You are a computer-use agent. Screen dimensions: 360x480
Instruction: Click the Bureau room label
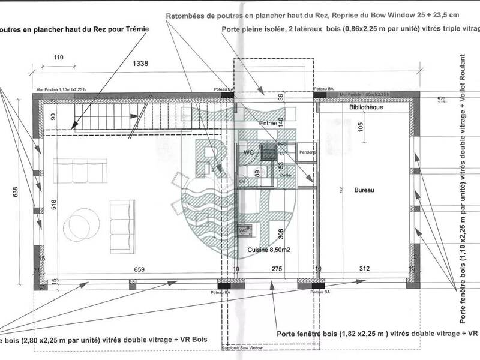coord(364,190)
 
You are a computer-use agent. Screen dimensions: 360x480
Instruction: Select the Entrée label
coord(268,123)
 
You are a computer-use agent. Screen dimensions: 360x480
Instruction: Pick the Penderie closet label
coord(307,152)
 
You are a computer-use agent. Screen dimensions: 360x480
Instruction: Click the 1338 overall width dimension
coord(140,62)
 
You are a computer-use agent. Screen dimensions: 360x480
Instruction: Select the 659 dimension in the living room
coord(139,270)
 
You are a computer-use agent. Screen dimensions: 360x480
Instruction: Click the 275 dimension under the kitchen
coord(277,270)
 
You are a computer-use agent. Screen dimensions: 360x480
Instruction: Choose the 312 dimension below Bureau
coord(364,270)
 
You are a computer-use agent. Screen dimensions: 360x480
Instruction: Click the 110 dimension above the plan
coord(58,58)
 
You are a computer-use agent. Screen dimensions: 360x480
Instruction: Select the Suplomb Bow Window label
coord(241,347)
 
